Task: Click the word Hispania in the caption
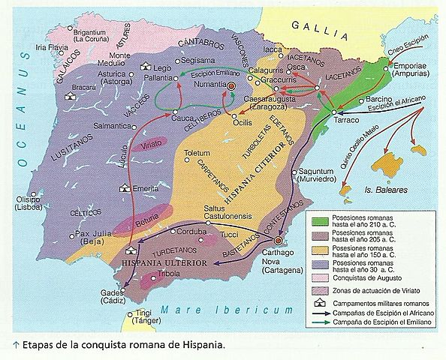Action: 200,346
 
